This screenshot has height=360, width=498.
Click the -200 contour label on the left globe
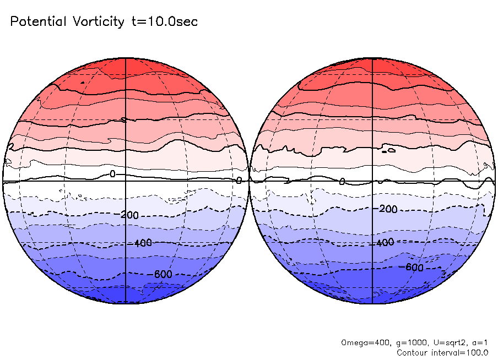[x=128, y=215]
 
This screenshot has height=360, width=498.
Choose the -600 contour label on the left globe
[x=160, y=274]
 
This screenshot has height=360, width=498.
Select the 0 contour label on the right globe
[x=342, y=182]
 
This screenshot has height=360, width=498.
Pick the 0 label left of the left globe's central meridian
[x=112, y=174]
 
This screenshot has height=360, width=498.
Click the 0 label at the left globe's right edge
[x=239, y=180]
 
